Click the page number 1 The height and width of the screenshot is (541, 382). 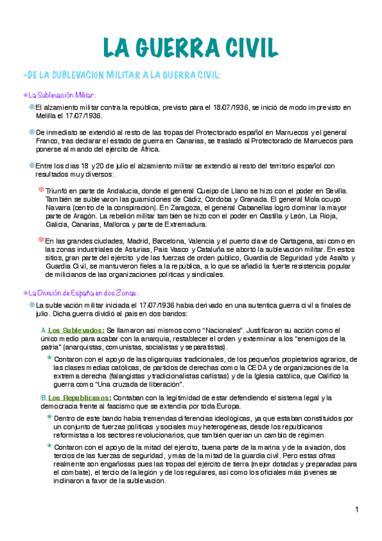pyautogui.click(x=358, y=509)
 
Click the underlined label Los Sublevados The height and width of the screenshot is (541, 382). pyautogui.click(x=76, y=330)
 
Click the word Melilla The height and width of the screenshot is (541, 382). pyautogui.click(x=47, y=116)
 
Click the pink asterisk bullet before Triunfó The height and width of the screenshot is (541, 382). pyautogui.click(x=41, y=190)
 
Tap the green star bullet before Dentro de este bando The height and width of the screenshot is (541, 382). pyautogui.click(x=49, y=416)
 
